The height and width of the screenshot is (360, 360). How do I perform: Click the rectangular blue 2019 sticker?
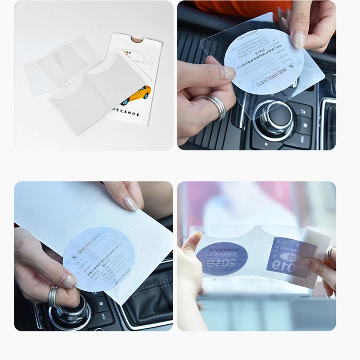pos(288,256)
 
